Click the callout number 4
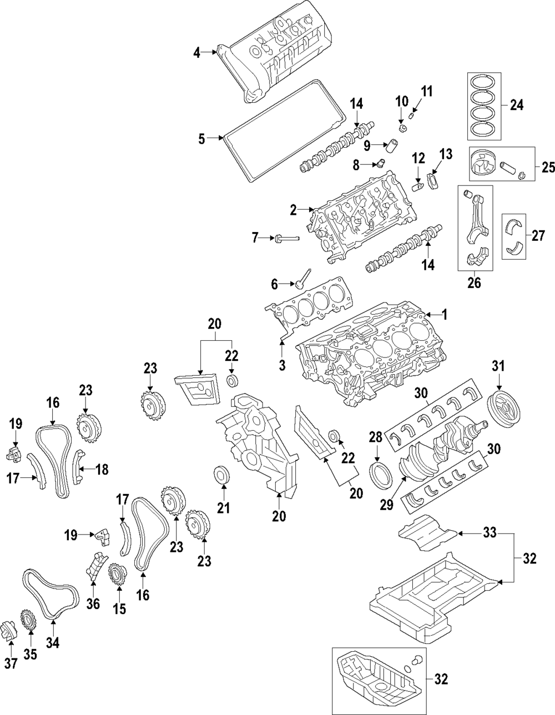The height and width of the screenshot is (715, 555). tap(196, 53)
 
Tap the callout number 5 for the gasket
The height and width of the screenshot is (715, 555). tap(201, 139)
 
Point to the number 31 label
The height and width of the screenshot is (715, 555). tap(498, 366)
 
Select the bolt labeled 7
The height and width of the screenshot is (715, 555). tap(287, 238)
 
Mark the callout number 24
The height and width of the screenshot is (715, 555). tap(517, 105)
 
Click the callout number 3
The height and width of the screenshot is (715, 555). tap(282, 365)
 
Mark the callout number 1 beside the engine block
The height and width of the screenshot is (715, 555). tap(445, 315)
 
